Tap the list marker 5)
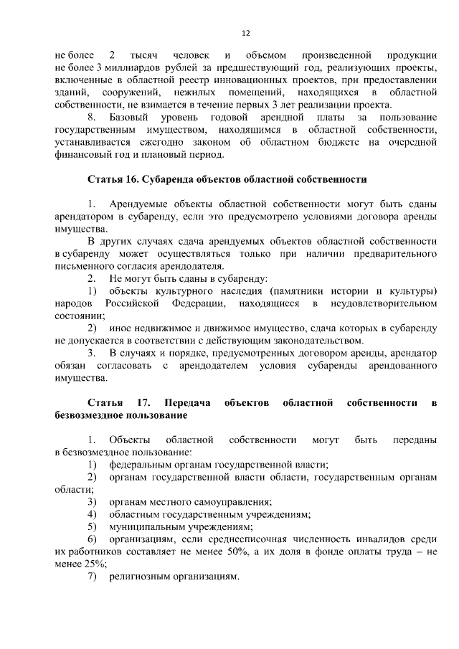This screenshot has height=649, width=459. click(92, 526)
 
